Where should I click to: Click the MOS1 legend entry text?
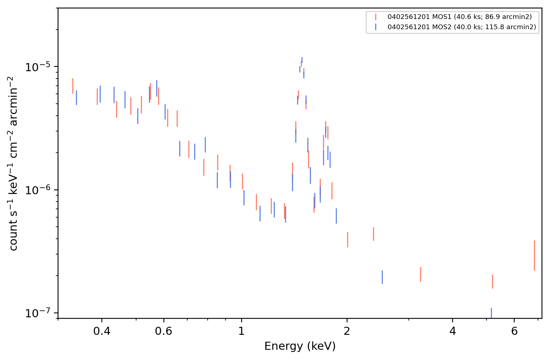tap(459, 17)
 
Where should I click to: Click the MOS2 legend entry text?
tap(462, 27)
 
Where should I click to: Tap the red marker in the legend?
tap(376, 17)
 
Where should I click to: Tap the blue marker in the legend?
tap(376, 27)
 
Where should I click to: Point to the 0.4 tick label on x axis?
tap(102, 331)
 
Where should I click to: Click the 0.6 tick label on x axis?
tap(164, 331)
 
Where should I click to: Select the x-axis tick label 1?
tap(242, 331)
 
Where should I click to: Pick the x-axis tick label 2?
tap(347, 331)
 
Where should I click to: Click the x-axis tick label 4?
tap(453, 331)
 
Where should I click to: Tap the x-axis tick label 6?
tap(514, 331)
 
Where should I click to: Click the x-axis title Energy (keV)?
tap(300, 346)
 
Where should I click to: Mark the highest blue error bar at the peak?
tap(302, 60)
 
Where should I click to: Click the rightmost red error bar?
tap(535, 256)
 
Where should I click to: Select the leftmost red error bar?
tap(73, 86)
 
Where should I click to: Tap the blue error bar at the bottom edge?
tap(491, 313)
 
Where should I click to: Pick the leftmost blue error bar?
tap(76, 98)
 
